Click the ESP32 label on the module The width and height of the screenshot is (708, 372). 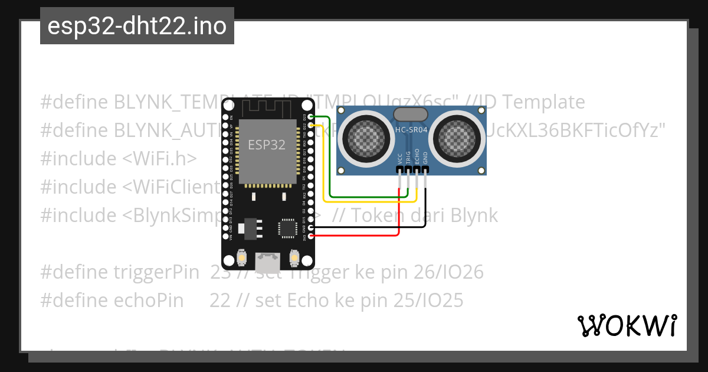[267, 145]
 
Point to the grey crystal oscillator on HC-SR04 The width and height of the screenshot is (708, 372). [411, 115]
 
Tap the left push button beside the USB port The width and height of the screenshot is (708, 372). [241, 258]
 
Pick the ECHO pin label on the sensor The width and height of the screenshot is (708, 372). [417, 156]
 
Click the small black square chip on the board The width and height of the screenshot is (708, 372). [287, 228]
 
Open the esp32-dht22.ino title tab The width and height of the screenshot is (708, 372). [137, 26]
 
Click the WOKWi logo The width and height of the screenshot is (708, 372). [627, 325]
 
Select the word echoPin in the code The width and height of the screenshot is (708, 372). [147, 301]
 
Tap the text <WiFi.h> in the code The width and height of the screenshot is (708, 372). [159, 159]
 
